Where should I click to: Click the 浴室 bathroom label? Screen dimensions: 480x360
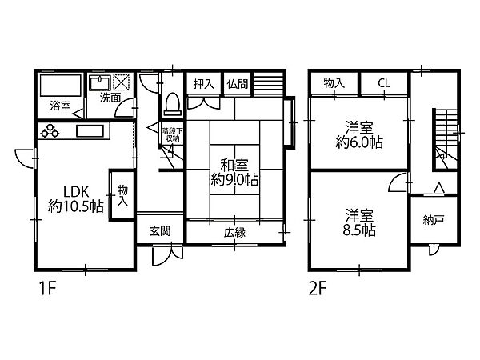60,106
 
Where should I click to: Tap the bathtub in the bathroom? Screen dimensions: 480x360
61,85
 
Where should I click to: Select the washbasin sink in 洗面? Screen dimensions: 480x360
100,82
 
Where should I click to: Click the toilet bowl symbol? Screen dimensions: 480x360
172,103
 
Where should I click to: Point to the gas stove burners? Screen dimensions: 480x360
50,130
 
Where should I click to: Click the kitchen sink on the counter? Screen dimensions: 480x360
90,131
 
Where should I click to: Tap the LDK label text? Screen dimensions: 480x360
76,192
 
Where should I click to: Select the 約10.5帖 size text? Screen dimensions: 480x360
75,206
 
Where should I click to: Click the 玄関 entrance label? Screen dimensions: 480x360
160,231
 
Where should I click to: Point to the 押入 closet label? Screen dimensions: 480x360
203,83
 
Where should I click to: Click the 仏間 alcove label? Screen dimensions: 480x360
238,83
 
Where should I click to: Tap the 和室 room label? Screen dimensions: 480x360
234,166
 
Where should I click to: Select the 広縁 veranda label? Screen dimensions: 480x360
234,233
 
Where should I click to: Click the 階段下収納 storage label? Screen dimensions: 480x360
172,134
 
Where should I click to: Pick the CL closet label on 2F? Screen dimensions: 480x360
384,83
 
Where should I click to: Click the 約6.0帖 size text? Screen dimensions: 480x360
359,142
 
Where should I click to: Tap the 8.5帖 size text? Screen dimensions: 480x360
359,230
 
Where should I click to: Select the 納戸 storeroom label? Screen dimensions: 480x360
434,220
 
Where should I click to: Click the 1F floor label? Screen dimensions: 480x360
48,289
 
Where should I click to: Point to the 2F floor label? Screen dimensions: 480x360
318,289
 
